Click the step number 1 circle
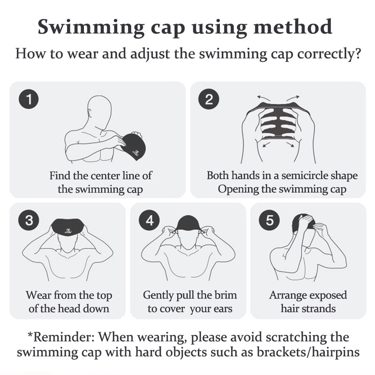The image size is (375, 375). [29, 99]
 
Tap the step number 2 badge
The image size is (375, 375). [209, 99]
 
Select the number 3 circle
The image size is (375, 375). [29, 220]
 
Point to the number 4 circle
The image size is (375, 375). [150, 220]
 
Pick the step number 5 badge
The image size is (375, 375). [270, 220]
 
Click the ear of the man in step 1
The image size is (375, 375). [90, 113]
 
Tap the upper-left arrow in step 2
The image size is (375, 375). [264, 98]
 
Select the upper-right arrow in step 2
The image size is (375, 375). [292, 98]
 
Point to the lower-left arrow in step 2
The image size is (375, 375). [266, 144]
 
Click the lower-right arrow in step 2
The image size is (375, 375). [290, 144]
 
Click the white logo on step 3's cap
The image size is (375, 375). [68, 231]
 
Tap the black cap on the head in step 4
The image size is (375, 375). [188, 223]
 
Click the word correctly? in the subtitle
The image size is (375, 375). [329, 54]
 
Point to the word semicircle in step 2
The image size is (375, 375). [305, 175]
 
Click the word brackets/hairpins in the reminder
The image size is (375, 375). [308, 352]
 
